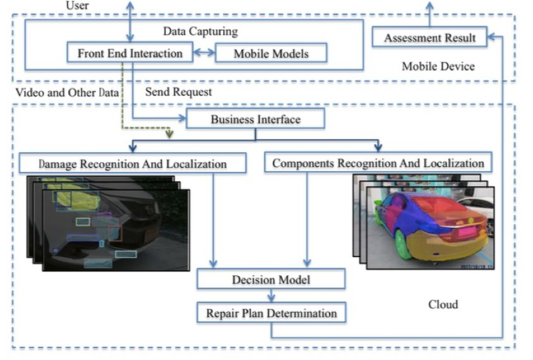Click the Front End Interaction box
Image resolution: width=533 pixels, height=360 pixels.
pos(130,53)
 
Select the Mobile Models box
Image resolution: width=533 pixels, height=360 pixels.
pos(271,53)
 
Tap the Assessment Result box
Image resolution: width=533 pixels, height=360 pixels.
pos(430,39)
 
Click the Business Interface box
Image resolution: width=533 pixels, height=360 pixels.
pos(255,119)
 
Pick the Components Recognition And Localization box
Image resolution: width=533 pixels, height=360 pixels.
pos(378,163)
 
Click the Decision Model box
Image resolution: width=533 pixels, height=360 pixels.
pos(271,279)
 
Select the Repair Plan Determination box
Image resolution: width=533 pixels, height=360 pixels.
pos(271,312)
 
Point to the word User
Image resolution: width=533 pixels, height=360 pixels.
pos(78,6)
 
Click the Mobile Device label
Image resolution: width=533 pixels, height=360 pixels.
pos(438,66)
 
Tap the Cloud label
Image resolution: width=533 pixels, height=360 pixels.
pos(443,304)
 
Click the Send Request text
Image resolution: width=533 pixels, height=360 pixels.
pos(178,92)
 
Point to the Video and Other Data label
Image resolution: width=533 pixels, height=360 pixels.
pos(59,92)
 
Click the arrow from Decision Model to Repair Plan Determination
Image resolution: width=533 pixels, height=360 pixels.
pos(272,296)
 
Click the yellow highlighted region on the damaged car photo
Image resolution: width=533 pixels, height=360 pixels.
pos(82,201)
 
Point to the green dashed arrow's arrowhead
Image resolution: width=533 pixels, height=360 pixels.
pos(169,133)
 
